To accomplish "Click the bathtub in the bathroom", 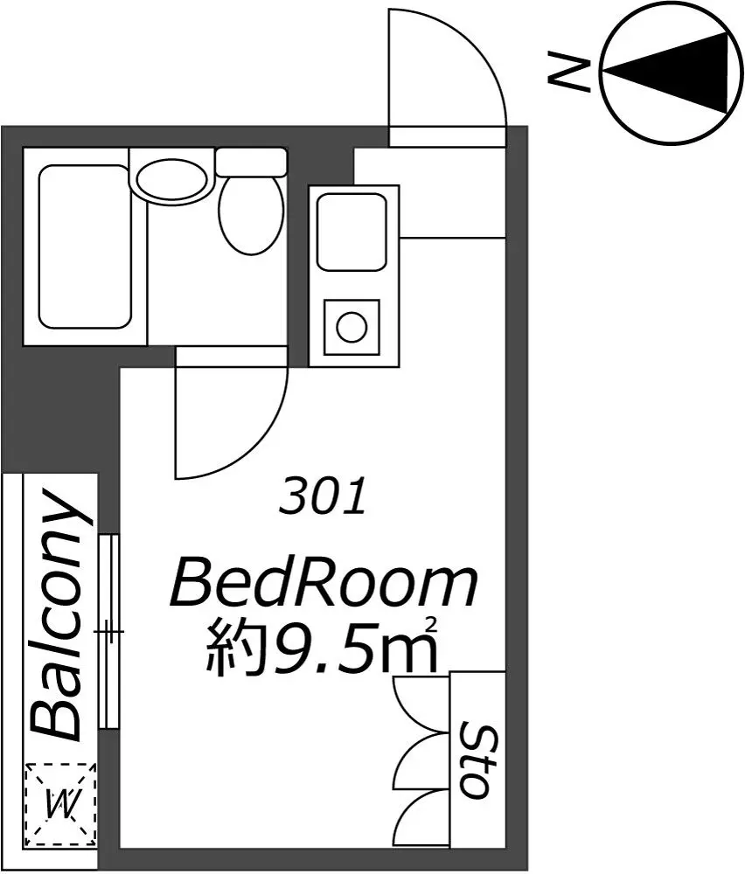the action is click(x=84, y=246).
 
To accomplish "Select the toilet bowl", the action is click(x=250, y=215).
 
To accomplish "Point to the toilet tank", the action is click(x=251, y=162).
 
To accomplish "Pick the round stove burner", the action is click(x=352, y=327).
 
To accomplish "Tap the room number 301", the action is click(x=323, y=496).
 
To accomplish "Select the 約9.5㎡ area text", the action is click(x=322, y=646).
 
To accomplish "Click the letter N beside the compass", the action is click(x=568, y=72).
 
